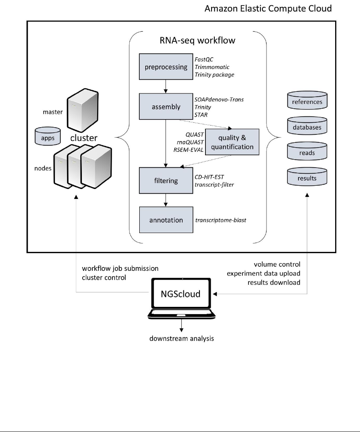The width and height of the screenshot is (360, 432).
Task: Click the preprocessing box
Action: tap(166, 67)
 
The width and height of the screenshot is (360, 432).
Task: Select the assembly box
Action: tap(166, 107)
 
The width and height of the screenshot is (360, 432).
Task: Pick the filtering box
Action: tap(166, 181)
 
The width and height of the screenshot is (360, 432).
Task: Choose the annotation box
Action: tap(166, 220)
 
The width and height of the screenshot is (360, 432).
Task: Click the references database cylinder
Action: tap(307, 102)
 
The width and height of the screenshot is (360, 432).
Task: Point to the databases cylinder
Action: tap(307, 128)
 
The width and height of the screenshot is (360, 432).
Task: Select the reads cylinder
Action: tap(307, 153)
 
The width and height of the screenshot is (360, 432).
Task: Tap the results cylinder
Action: tap(307, 178)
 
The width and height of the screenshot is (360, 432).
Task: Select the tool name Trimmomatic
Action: tap(212, 67)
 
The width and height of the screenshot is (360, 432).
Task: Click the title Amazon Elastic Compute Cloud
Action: tap(268, 9)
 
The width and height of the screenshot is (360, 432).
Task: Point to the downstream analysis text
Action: tap(181, 339)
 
